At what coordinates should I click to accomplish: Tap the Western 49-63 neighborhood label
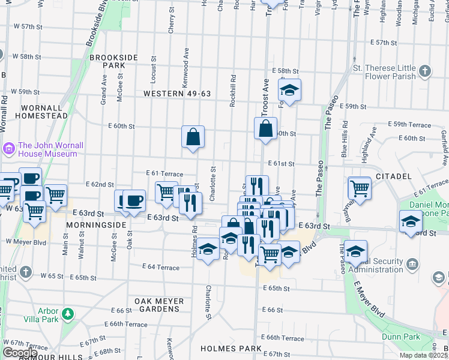coord(177,93)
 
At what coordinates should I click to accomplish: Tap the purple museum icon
coord(10,148)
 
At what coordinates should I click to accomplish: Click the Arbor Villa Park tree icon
coord(68,313)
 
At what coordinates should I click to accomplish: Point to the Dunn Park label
coord(404,337)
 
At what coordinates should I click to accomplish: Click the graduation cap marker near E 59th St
coord(290,90)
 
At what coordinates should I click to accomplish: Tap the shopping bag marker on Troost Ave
coord(265,128)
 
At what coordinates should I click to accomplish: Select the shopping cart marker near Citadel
coord(360,188)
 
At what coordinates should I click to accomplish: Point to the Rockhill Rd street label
coord(233,90)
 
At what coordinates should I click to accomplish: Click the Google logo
coord(20,353)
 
